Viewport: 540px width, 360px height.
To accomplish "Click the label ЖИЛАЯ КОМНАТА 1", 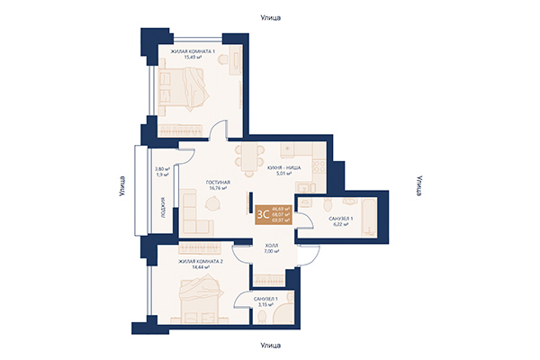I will [x=193, y=51].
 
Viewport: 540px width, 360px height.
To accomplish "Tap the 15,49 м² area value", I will [x=193, y=58].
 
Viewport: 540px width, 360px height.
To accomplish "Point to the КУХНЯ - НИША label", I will [x=283, y=169].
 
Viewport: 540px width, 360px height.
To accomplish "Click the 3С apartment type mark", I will [x=262, y=214].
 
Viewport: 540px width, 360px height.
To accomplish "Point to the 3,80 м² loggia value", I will [x=162, y=169].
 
